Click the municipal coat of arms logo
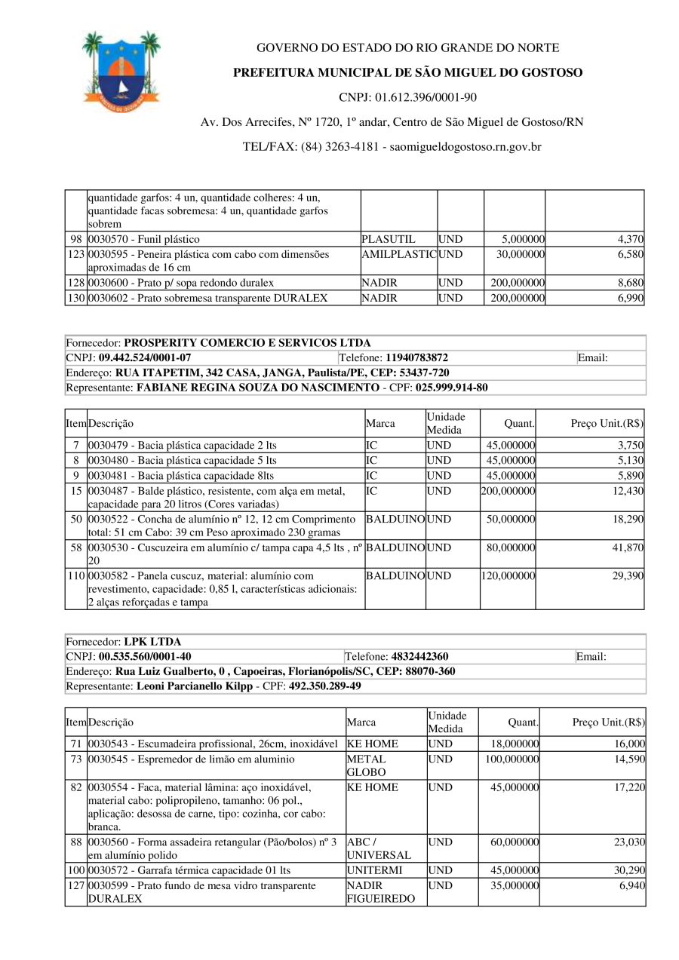tap(121, 72)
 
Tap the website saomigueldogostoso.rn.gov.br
tap(465, 147)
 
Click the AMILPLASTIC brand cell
tap(399, 255)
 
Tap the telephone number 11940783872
tap(416, 357)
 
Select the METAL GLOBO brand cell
tap(367, 765)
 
